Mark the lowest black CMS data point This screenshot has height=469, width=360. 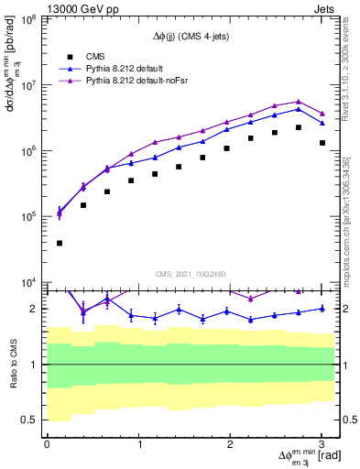point(60,244)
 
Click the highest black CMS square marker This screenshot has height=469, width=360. point(299,127)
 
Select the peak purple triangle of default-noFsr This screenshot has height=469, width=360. point(299,102)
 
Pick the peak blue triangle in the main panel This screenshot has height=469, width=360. point(299,109)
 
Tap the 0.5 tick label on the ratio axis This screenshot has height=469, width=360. point(29,420)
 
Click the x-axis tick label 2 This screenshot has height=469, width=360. point(231,444)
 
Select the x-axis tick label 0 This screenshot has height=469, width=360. point(47,444)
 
